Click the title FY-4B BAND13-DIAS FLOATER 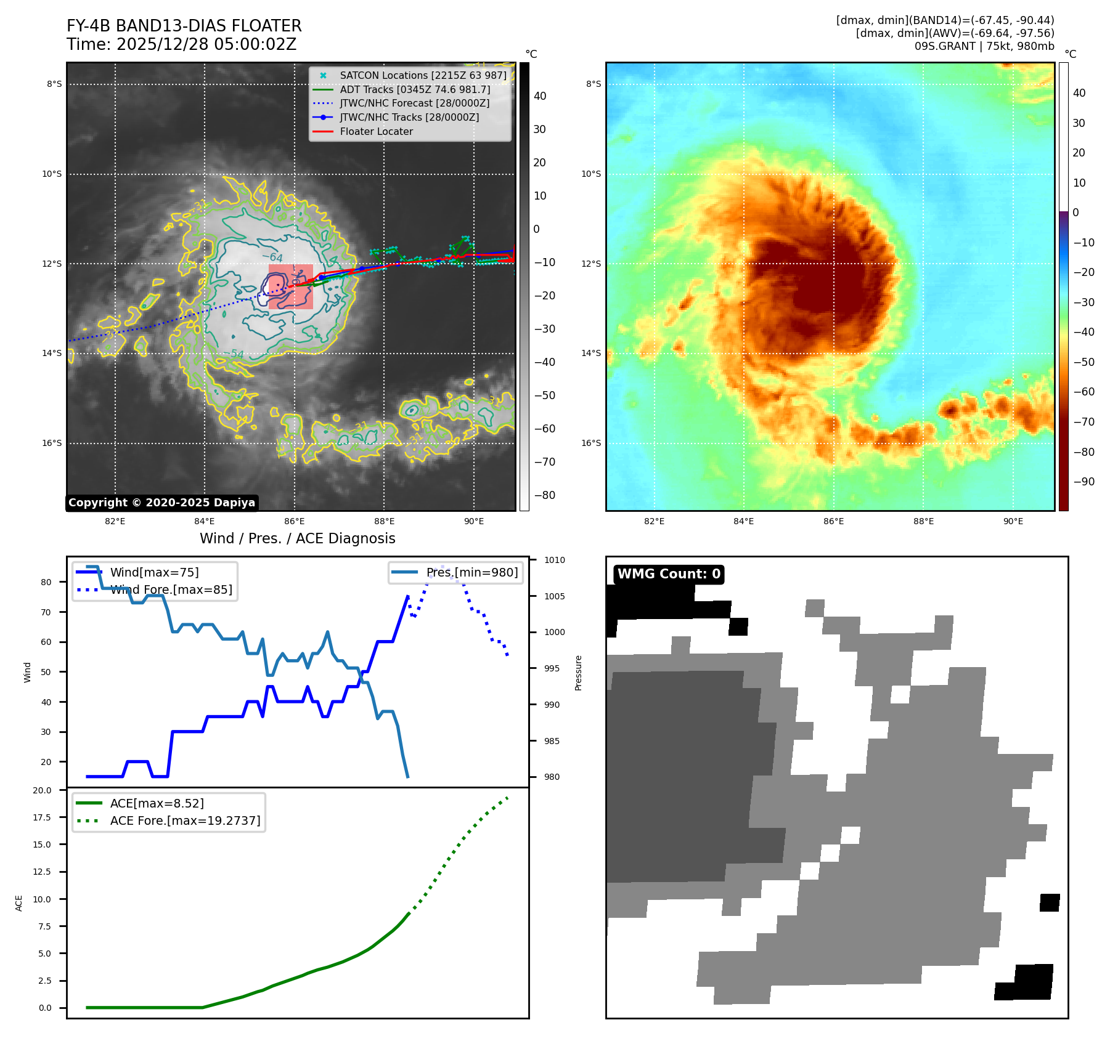point(184,26)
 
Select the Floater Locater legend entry point(376,131)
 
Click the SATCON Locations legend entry point(423,75)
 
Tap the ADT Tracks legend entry point(415,89)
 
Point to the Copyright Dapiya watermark point(161,503)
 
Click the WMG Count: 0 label point(669,574)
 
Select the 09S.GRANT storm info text point(984,46)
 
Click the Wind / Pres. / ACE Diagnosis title point(297,538)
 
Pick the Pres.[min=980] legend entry point(471,572)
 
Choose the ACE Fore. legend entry point(185,820)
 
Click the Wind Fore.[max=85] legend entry point(171,589)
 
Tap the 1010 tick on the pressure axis point(555,560)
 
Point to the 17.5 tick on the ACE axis point(43,817)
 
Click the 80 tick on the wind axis point(46,582)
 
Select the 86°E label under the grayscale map point(294,521)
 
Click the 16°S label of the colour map point(591,443)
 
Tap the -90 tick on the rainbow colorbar point(1083,482)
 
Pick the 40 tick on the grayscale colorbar point(540,96)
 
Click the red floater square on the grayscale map point(291,286)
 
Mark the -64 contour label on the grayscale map point(272,257)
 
